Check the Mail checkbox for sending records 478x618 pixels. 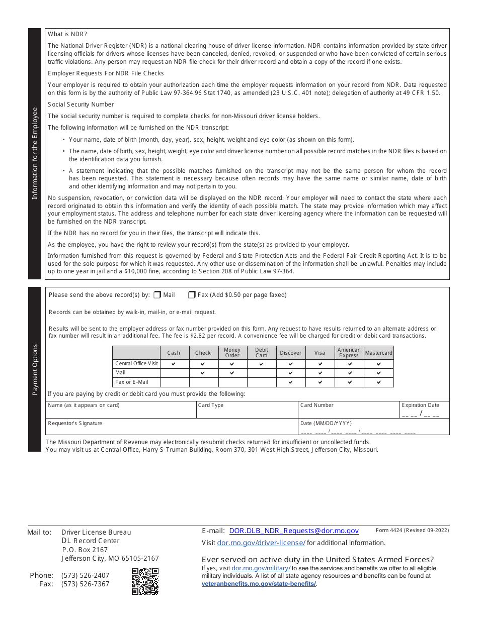coord(157,295)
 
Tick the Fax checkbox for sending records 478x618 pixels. coord(192,295)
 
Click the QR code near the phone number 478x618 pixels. coord(145,581)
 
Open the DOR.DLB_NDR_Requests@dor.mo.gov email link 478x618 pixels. coord(294,531)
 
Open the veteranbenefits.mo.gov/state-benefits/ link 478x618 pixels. coord(259,583)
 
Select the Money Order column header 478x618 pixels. coord(232,353)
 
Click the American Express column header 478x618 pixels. coord(349,353)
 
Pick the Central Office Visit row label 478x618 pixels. coord(136,363)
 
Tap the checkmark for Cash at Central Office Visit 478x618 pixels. coord(174,364)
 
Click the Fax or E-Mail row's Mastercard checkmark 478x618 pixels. coord(378,382)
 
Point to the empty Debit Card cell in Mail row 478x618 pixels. coord(262,373)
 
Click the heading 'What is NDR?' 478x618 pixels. coord(67,34)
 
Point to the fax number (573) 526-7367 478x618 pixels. coord(85,584)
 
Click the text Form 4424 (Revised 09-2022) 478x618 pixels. coord(412,530)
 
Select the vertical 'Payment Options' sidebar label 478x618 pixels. coord(35,369)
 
